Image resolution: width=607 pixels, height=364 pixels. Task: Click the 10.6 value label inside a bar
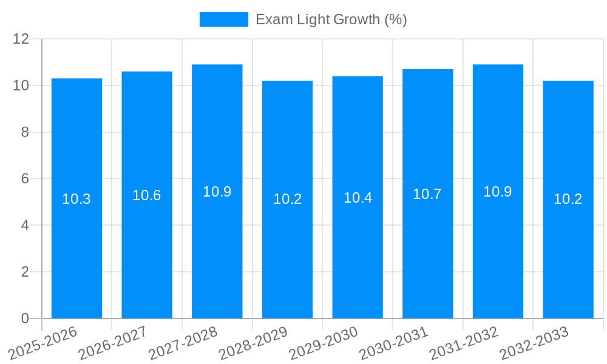point(147,195)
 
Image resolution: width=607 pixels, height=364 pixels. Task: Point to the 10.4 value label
point(358,198)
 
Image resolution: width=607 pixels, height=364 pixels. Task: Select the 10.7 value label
point(427,194)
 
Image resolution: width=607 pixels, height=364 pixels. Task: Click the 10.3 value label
point(76,199)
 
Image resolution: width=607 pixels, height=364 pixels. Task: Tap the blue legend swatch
point(223,19)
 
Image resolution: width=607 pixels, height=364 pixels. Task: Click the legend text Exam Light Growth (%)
point(331,19)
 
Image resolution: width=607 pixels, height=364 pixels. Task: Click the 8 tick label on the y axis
point(25,132)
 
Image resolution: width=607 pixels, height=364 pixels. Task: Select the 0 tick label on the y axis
point(25,318)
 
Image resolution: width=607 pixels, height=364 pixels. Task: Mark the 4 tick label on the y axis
point(25,225)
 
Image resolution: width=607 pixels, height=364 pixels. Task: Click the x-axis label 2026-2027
point(114,342)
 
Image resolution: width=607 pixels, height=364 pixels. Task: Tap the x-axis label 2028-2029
point(254,342)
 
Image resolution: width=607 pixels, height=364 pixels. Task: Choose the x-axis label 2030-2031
point(395,342)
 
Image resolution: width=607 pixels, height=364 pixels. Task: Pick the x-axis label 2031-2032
point(464,342)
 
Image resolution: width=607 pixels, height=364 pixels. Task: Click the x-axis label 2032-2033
point(535,342)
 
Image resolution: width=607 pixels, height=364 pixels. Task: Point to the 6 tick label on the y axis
point(25,179)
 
